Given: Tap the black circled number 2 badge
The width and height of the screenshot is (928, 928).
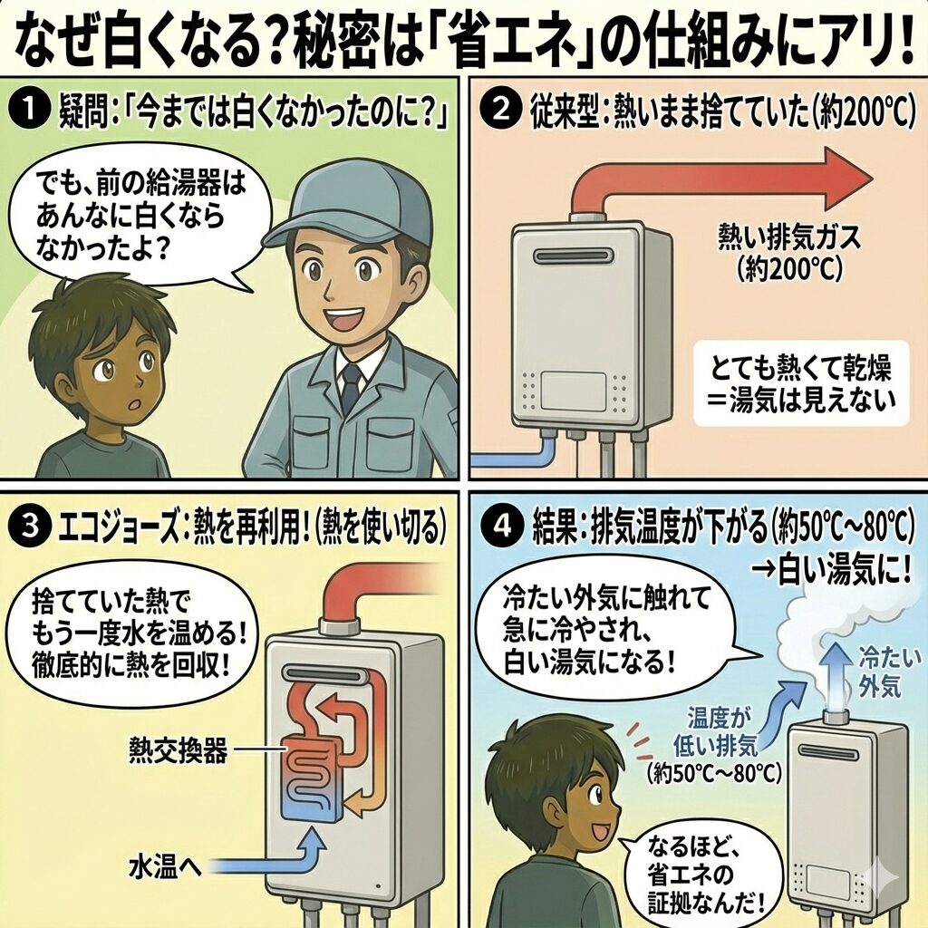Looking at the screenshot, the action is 501,111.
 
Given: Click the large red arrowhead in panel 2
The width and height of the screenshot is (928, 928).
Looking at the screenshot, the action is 846,179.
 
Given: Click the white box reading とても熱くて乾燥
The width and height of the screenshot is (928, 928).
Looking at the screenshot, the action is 801,383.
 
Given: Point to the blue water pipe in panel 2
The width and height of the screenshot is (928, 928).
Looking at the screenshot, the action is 515,455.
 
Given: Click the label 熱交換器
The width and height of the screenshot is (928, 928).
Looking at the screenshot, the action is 179,751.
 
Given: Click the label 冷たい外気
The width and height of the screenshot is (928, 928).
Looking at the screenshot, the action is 890,672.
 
